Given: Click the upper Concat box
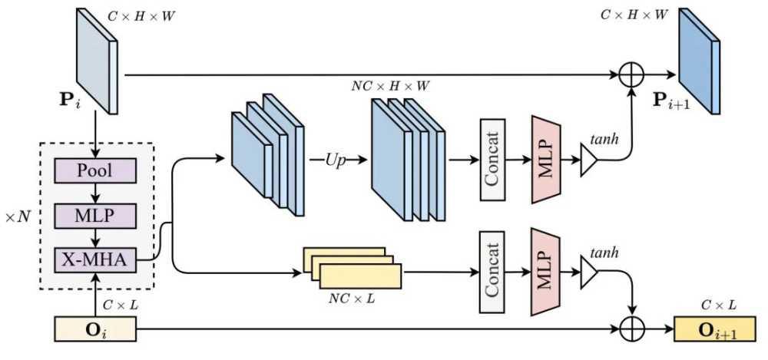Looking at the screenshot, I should coord(492,160).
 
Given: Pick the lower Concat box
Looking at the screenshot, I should coord(492,274).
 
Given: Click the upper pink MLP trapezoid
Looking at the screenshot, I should coord(544,160).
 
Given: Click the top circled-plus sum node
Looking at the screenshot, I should coord(631,75).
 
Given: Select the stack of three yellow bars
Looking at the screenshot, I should coord(353,267).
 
